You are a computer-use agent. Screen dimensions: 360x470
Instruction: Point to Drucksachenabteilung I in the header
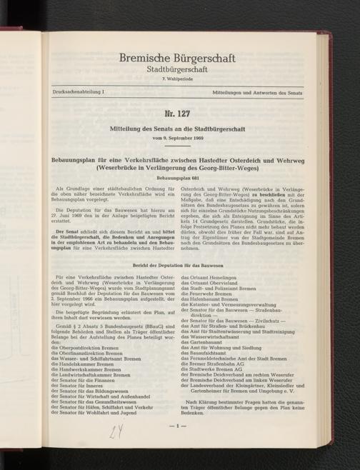pyautogui.click(x=72, y=94)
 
